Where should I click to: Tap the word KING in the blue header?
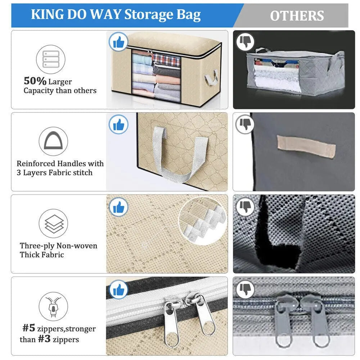46,14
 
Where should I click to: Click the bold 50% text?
35,81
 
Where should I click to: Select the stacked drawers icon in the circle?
51,59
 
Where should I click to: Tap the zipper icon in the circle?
53,306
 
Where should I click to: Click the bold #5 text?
29,328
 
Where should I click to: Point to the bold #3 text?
44,339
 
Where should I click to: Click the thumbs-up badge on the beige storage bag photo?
118,42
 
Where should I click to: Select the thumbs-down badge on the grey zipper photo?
246,289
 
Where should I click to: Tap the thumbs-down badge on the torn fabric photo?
246,207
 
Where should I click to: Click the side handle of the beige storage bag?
211,77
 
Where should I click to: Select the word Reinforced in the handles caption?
36,164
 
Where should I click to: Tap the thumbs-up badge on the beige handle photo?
118,125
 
